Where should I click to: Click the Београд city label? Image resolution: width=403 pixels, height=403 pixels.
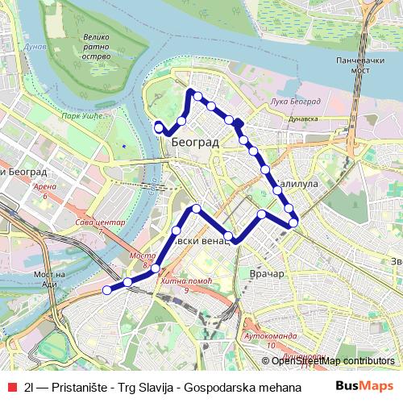[x=195, y=142]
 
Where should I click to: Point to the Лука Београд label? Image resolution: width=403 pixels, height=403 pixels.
[x=297, y=101]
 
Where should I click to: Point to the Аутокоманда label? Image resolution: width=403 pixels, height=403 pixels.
[x=265, y=334]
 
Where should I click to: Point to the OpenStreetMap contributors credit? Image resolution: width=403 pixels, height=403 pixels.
[x=334, y=361]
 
